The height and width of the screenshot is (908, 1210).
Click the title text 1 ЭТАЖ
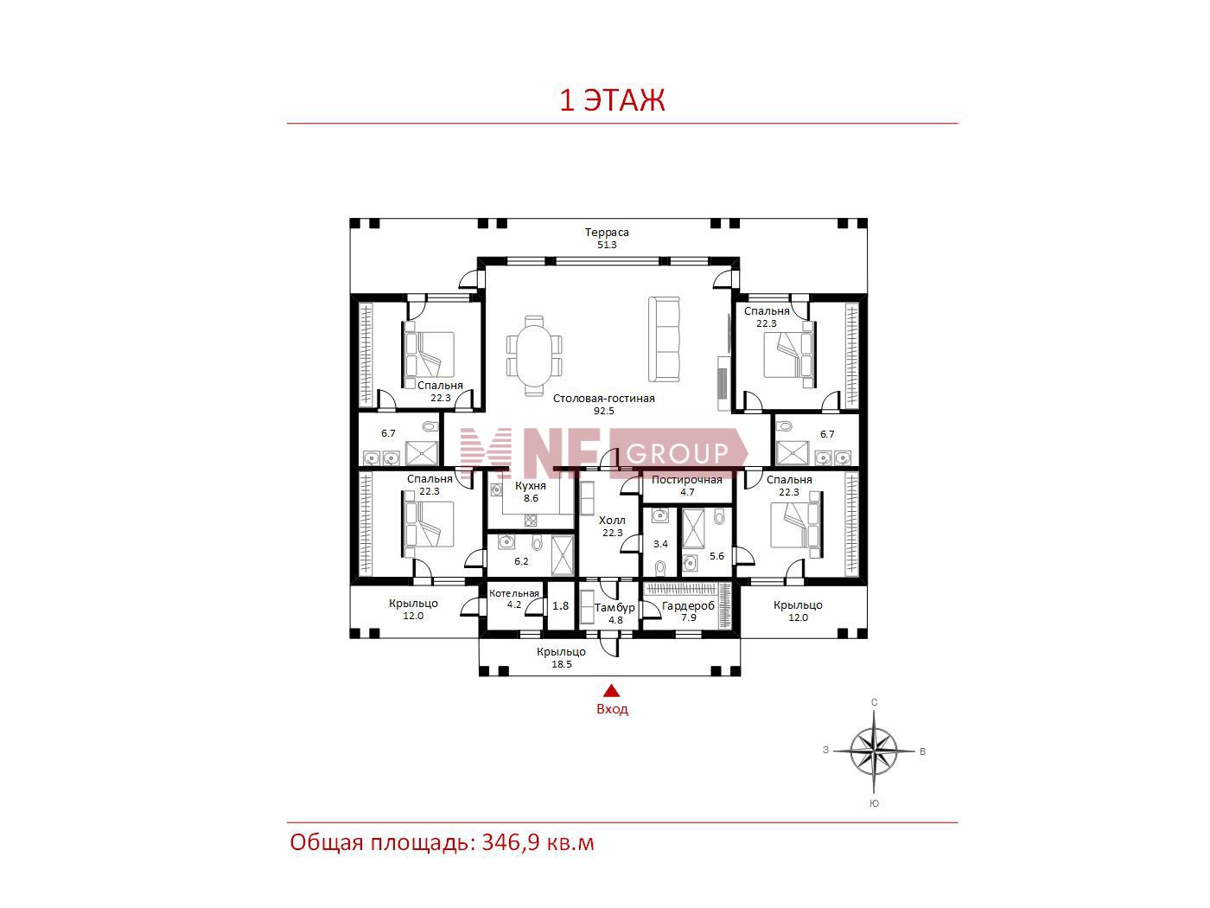(612, 100)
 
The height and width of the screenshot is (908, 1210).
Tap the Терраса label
(607, 232)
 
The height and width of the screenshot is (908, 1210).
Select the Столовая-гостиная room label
(603, 398)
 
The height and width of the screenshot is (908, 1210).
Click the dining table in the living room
(534, 355)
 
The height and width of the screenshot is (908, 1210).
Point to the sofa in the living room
(664, 339)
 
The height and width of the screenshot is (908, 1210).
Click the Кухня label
(531, 486)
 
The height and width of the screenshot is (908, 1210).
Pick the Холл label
(612, 520)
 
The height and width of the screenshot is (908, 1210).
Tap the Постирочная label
(687, 480)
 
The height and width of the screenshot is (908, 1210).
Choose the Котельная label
(513, 593)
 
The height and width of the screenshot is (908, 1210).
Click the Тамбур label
(615, 608)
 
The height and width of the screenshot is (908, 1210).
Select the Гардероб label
(688, 606)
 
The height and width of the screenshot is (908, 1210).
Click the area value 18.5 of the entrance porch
(562, 664)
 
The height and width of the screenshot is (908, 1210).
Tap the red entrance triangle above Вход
(611, 691)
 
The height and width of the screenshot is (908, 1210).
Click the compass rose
(874, 751)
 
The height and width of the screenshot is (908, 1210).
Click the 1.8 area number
(560, 606)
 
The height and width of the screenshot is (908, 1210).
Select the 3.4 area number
(660, 544)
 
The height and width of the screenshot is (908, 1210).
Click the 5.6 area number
(716, 556)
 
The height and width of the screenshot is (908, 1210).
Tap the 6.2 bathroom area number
(521, 561)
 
